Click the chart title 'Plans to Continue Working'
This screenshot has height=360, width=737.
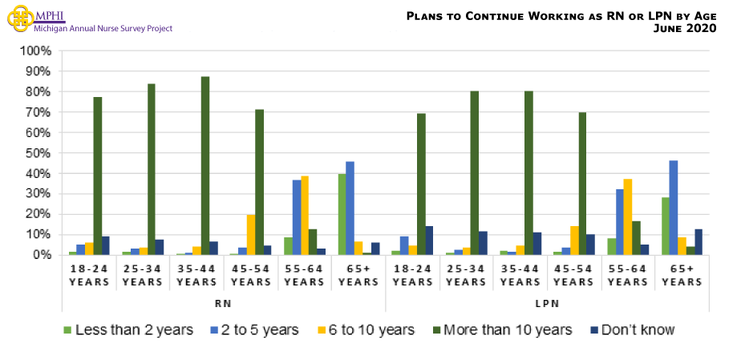point(561,15)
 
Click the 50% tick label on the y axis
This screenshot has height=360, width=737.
point(38,153)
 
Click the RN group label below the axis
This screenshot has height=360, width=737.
point(224,304)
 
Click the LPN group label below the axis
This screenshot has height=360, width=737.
point(547,304)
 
